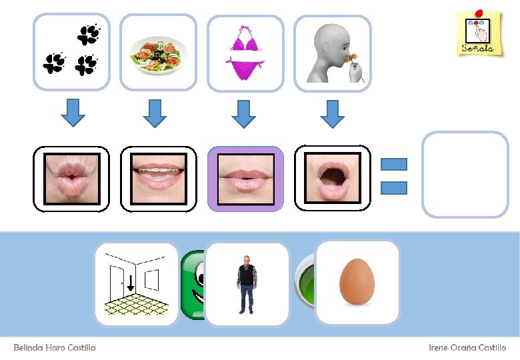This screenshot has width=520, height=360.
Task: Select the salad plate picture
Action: pyautogui.click(x=159, y=52)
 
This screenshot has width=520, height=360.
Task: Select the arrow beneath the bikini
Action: pyautogui.click(x=245, y=113)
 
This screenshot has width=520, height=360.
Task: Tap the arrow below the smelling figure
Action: pyautogui.click(x=331, y=113)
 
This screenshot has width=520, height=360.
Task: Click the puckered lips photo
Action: pyautogui.click(x=72, y=179)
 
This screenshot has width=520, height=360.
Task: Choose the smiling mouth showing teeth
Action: pyautogui.click(x=159, y=179)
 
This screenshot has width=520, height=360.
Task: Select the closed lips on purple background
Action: pyautogui.click(x=245, y=179)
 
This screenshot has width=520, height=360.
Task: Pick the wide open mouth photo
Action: pyautogui.click(x=332, y=179)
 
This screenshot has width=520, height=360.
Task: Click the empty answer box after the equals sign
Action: pyautogui.click(x=465, y=175)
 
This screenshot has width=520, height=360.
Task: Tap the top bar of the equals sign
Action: pyautogui.click(x=393, y=164)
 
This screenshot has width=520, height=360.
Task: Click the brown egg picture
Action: pyautogui.click(x=357, y=283)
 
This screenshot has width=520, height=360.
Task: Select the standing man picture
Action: pyautogui.click(x=247, y=284)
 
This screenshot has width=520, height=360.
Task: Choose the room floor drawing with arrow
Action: pyautogui.click(x=136, y=284)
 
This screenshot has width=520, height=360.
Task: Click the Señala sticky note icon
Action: pyautogui.click(x=477, y=33)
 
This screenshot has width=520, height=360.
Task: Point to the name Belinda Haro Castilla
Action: pyautogui.click(x=55, y=348)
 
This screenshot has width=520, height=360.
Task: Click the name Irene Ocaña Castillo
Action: pyautogui.click(x=467, y=348)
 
